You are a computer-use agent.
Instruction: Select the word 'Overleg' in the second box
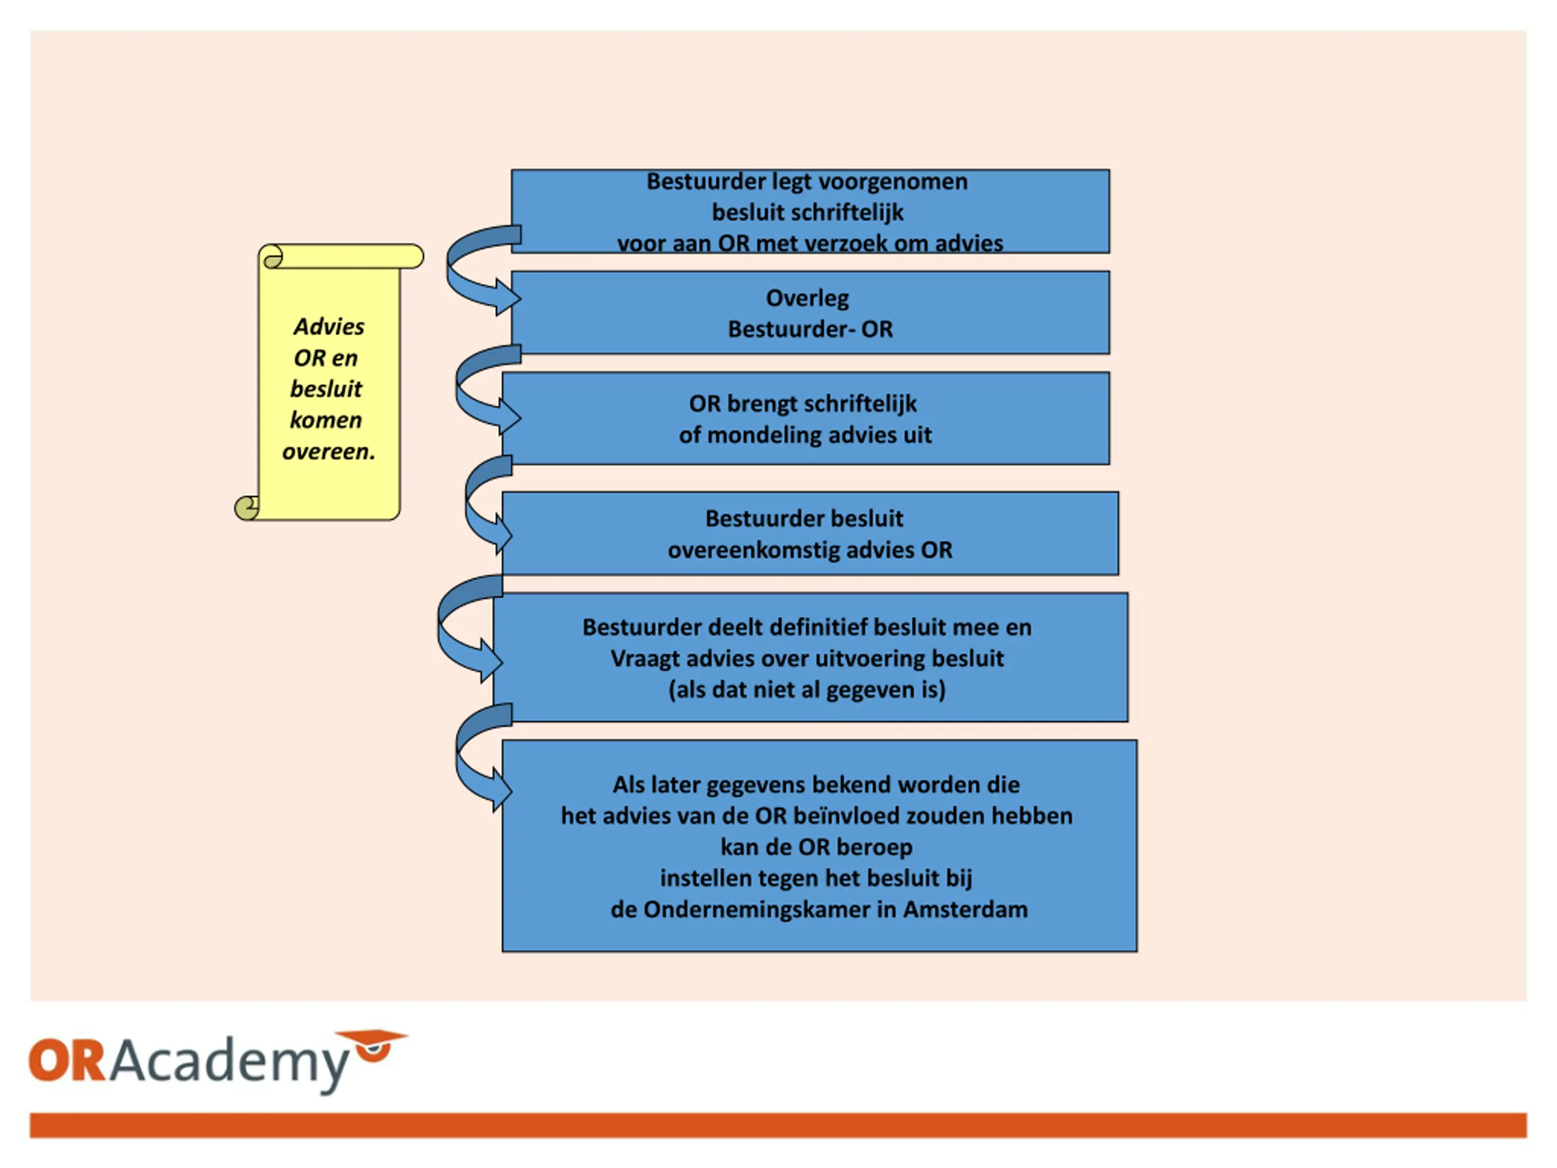click(807, 299)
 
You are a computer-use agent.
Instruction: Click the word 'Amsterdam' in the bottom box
click(966, 909)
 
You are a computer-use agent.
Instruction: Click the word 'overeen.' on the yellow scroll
click(328, 451)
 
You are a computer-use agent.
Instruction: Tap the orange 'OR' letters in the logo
click(68, 1060)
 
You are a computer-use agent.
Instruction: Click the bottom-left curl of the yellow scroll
click(246, 507)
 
